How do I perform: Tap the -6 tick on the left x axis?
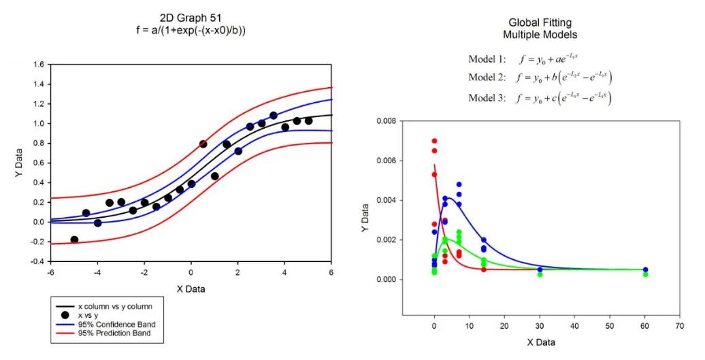point(50,274)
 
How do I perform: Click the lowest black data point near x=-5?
point(74,240)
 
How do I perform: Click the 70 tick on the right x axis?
point(678,326)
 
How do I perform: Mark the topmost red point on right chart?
point(434,141)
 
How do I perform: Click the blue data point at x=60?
point(645,269)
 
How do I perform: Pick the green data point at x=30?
point(540,274)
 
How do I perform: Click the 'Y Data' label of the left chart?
point(20,163)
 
